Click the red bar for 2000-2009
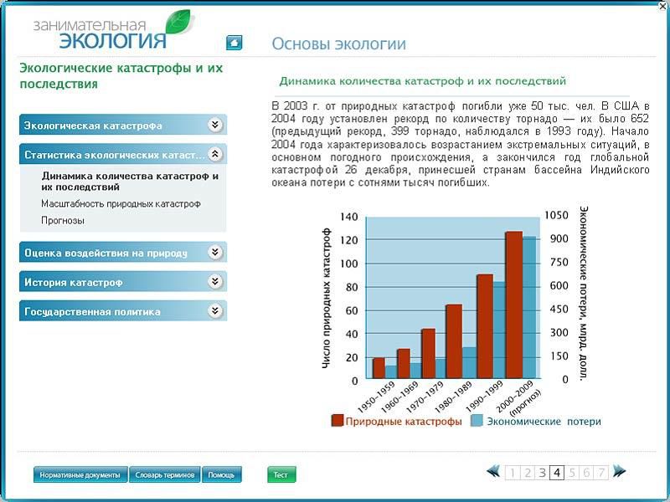coord(514,305)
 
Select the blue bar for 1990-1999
coord(499,330)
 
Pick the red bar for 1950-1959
coord(379,368)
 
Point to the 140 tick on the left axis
coord(349,217)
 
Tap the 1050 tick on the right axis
coord(556,215)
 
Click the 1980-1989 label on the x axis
coord(453,397)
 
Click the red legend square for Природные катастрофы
coord(338,421)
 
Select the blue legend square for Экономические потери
coord(477,421)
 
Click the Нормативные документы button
coord(80,474)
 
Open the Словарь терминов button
coord(164,474)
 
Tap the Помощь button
coord(221,474)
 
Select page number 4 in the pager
coord(557,473)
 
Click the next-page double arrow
coord(619,471)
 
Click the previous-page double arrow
coord(493,471)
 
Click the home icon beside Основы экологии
coord(234,43)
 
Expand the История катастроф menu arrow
coord(215,281)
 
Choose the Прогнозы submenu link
coord(63,221)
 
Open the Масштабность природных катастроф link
coord(121,204)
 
